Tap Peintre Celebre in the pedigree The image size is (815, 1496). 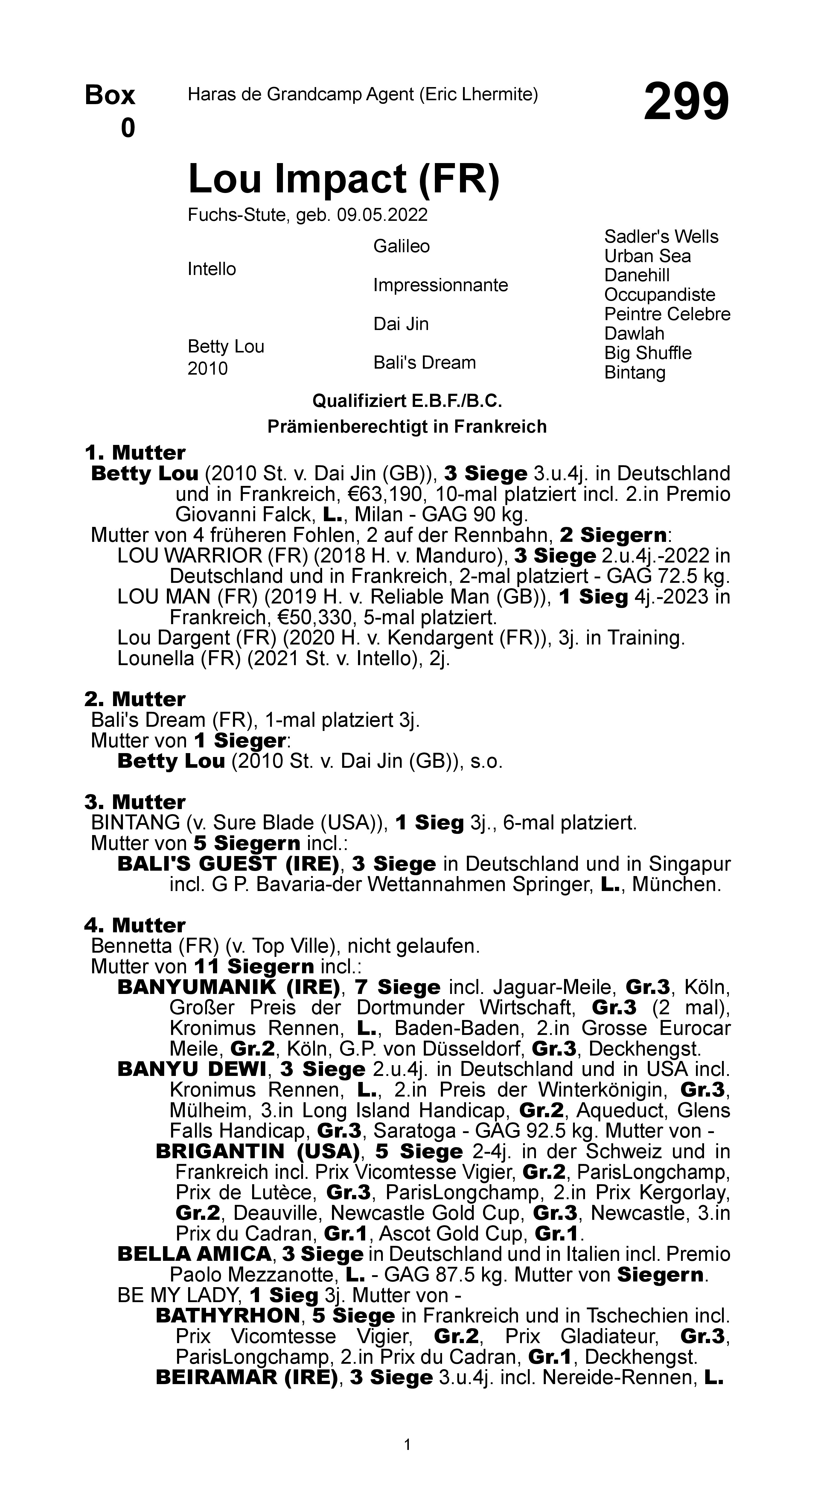tap(667, 314)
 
